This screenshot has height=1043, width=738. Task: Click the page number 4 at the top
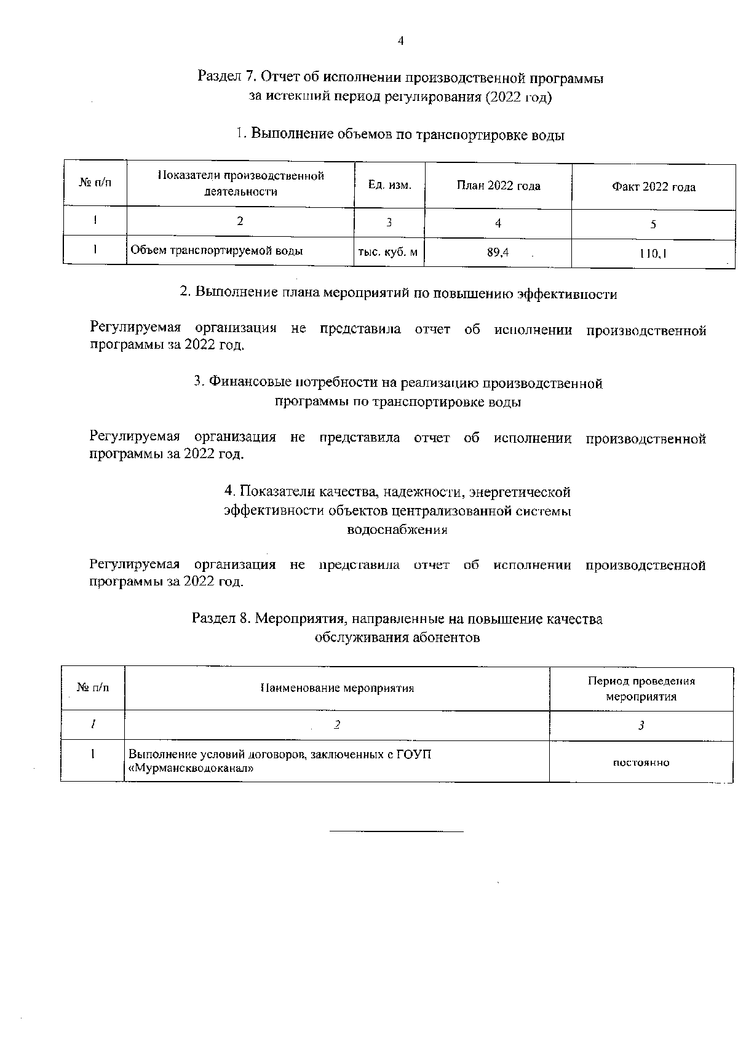click(400, 41)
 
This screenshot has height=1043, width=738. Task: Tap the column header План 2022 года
click(498, 186)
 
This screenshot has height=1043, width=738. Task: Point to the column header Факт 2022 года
click(653, 187)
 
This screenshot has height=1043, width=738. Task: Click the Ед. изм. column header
click(389, 184)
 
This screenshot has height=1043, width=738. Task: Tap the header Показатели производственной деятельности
click(240, 184)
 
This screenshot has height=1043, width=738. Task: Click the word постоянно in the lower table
click(641, 763)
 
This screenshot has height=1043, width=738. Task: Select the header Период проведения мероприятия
click(641, 689)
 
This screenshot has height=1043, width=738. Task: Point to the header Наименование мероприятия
click(337, 688)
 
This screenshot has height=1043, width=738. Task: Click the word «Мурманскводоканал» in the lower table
click(191, 768)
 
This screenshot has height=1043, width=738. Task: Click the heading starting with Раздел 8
click(397, 619)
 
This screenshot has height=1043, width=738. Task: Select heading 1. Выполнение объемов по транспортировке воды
click(400, 135)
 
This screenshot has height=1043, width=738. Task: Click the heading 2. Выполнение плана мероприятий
click(398, 293)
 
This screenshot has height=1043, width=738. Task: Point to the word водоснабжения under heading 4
click(397, 529)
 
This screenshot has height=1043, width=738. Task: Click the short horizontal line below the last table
click(397, 831)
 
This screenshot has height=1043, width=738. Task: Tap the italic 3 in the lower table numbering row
click(641, 726)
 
